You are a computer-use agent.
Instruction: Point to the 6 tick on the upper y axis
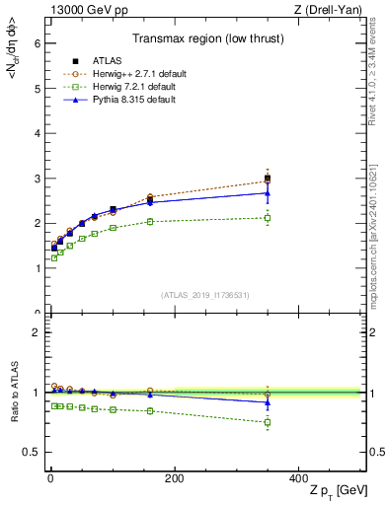(x=37, y=43)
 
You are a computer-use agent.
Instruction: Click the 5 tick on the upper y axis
(x=37, y=89)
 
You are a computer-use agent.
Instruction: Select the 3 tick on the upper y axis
(x=37, y=179)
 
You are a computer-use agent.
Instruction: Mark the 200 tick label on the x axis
(x=174, y=478)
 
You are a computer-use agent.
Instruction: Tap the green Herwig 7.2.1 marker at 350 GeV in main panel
(x=267, y=218)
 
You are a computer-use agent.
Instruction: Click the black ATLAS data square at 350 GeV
(x=267, y=179)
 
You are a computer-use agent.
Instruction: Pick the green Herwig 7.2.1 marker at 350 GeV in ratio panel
(x=267, y=422)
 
